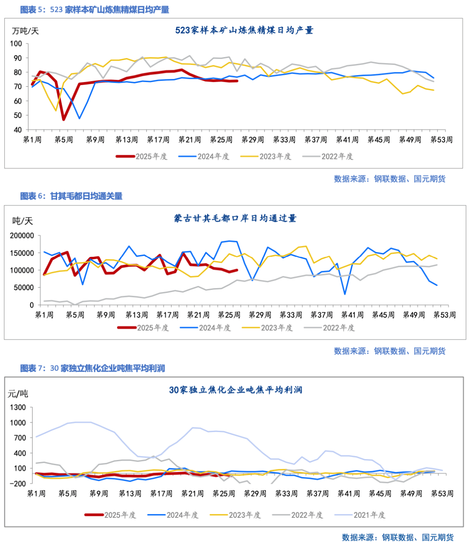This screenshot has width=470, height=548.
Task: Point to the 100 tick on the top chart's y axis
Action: tap(16, 44)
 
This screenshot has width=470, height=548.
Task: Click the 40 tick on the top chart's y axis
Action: tap(17, 130)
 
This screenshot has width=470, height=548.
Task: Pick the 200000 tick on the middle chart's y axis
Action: tap(22, 236)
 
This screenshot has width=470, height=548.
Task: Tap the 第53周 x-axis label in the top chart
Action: tap(441, 140)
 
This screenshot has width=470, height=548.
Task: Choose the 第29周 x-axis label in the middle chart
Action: tap(260, 315)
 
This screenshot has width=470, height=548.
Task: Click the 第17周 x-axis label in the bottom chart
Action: tap(161, 494)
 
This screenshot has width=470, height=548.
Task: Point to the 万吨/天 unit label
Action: tap(25, 31)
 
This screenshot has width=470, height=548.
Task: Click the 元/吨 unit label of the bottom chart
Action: tap(18, 394)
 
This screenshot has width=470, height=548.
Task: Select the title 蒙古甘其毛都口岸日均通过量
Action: tap(235, 218)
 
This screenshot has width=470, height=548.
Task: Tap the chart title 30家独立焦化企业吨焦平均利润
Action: tap(235, 390)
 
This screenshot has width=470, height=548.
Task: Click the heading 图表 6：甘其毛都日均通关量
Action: tap(71, 196)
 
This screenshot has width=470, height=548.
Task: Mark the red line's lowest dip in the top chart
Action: tap(64, 119)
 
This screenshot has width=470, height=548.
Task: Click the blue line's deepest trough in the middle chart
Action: tap(345, 294)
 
